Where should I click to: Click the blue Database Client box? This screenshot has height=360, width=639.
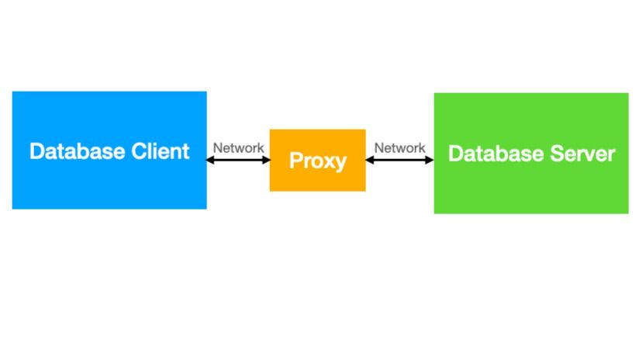coord(109,186)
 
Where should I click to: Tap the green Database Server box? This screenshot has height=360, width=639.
coord(530,190)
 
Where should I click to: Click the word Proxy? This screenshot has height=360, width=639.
coord(317,161)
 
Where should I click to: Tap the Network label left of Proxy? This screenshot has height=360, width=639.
coord(238,147)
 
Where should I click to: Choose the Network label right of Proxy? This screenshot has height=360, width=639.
coord(399,147)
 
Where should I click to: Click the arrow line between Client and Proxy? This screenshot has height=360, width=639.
coord(238,160)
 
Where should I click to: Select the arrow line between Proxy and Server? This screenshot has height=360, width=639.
coord(399,160)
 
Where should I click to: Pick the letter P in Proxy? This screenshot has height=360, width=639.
coord(295,161)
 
